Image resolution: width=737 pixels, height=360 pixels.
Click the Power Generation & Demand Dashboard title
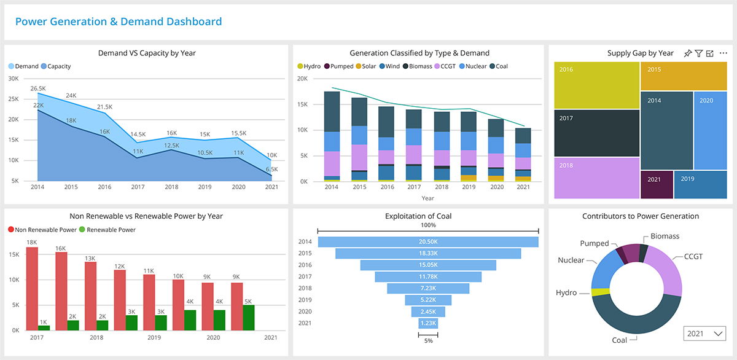tap(119, 22)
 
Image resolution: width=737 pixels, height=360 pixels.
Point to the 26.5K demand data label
tap(37, 88)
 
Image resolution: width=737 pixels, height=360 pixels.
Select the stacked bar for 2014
tap(332, 135)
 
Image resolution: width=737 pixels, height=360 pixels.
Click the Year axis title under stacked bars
tap(427, 198)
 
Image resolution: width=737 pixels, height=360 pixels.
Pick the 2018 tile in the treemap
tap(596, 178)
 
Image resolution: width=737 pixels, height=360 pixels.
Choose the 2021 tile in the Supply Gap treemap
tap(657, 184)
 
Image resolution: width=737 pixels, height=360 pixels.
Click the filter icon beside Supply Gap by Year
tap(698, 53)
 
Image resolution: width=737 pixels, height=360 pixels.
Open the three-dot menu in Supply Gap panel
tap(723, 53)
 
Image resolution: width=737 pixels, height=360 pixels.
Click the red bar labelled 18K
tap(32, 289)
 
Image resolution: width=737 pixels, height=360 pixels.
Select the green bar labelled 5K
tap(249, 318)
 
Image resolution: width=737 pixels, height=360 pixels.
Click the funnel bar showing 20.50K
tap(428, 242)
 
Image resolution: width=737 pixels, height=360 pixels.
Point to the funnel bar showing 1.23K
tap(428, 323)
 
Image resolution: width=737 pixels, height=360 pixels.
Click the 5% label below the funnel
tap(427, 341)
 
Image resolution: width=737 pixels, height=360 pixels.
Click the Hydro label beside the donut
tap(566, 293)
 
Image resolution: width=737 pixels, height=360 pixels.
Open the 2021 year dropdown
tap(704, 334)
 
